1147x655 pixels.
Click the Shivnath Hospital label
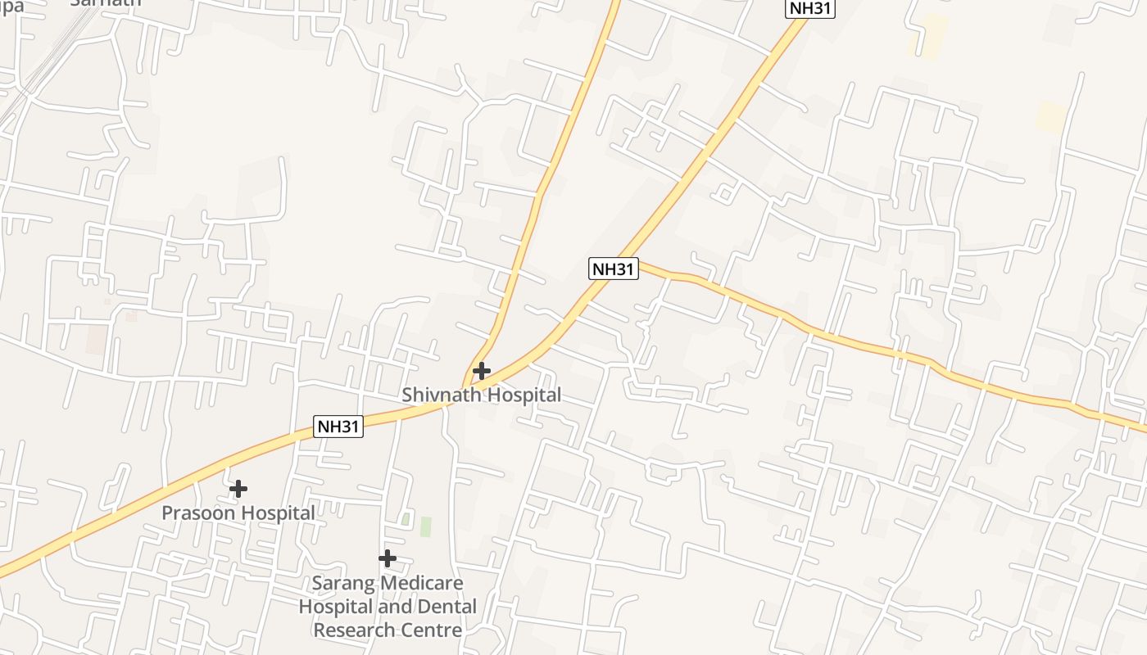[x=481, y=395]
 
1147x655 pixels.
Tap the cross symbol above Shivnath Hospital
[x=482, y=371]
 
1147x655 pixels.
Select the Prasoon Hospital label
[x=238, y=513]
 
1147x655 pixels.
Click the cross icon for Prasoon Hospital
[x=238, y=489]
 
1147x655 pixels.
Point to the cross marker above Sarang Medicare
[x=388, y=558]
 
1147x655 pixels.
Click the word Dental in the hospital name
[x=445, y=607]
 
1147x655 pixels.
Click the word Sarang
[x=342, y=584]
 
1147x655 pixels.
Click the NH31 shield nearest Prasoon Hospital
[x=338, y=426]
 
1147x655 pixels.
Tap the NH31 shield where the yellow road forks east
[x=614, y=269]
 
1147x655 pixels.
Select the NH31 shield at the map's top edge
[x=810, y=7]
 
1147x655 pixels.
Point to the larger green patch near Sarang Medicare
[x=425, y=526]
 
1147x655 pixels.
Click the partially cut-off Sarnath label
[x=105, y=2]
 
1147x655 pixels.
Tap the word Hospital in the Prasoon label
[x=277, y=513]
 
